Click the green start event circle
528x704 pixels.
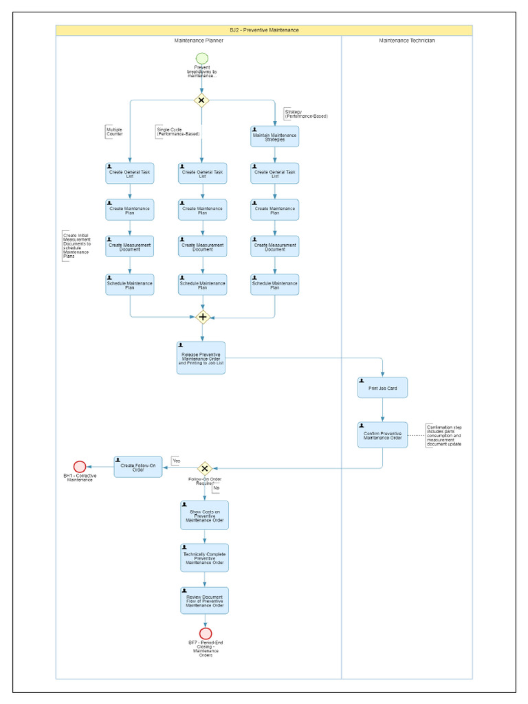(x=201, y=58)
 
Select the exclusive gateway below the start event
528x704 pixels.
(x=201, y=100)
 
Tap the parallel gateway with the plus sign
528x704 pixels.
(x=202, y=317)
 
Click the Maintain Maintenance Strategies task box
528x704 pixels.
(x=274, y=136)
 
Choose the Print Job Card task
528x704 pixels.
(x=382, y=388)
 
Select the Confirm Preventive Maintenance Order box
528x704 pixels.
(x=382, y=435)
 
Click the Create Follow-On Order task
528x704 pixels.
(x=138, y=467)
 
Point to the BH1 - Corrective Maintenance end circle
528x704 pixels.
(x=80, y=467)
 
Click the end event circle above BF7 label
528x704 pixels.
(x=205, y=633)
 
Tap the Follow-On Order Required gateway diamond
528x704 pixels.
(x=204, y=468)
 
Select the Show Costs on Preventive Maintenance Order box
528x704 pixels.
(x=204, y=515)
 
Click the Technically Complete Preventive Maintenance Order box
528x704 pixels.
(x=204, y=558)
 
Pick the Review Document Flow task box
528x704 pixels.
(x=204, y=600)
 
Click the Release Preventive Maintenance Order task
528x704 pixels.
(x=201, y=357)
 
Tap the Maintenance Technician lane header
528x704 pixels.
(x=406, y=41)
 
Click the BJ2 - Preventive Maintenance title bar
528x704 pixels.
(x=264, y=30)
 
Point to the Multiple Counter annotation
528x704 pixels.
(x=113, y=131)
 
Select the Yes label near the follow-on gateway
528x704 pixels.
(x=176, y=461)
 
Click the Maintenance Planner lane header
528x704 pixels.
(x=199, y=41)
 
